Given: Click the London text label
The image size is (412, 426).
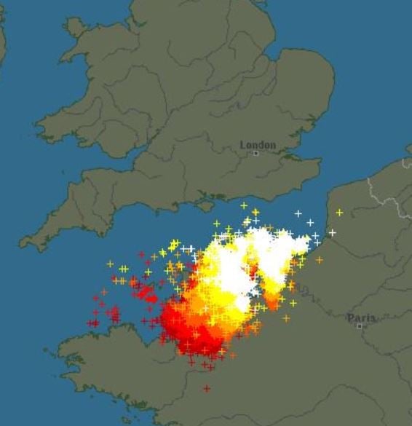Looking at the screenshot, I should tap(258, 145).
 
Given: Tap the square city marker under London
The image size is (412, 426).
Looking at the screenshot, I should tap(255, 154).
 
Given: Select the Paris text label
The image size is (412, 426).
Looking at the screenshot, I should tap(361, 317).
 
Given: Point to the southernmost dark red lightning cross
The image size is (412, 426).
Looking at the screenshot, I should tap(207, 388).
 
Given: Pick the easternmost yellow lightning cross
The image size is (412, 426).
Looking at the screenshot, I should tap(339, 212).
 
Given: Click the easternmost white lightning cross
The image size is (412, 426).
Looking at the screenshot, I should tap(332, 233).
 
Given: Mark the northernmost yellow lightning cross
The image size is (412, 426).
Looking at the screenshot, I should tap(244, 205).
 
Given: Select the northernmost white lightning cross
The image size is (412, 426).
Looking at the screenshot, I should tap(298, 213).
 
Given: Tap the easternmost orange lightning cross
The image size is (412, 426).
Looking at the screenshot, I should tap(319, 260).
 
